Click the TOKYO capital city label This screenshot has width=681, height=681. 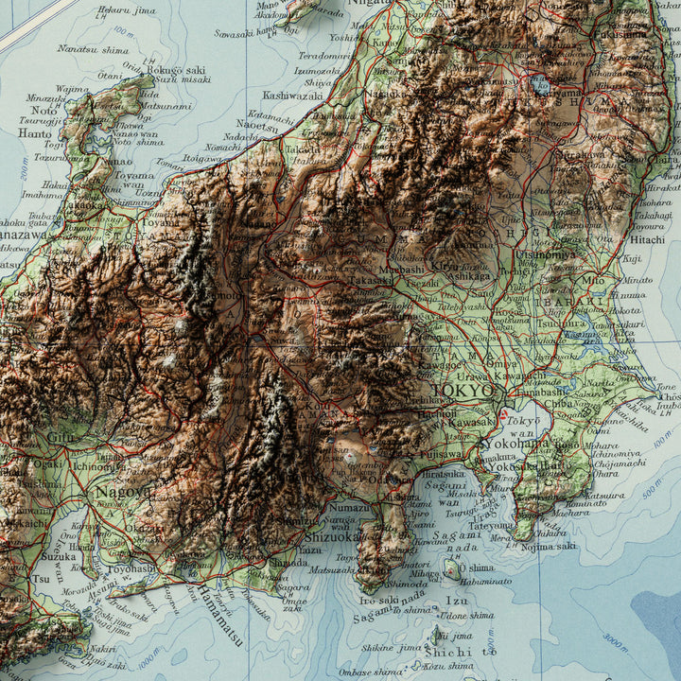tap(463, 391)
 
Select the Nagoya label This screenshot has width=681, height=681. tap(122, 493)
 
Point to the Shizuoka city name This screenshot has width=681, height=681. tap(331, 535)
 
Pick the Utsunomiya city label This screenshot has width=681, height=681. tap(545, 253)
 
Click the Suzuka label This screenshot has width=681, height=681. tap(58, 556)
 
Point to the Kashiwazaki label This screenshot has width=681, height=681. tap(292, 96)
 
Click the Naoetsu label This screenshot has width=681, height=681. tap(257, 124)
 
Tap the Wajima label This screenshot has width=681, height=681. tap(72, 90)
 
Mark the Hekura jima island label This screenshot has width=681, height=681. tap(127, 9)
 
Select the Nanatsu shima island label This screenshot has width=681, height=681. tap(93, 49)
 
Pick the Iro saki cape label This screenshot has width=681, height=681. tap(378, 600)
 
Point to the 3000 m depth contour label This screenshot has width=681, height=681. tap(616, 643)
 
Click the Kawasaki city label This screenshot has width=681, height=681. tap(469, 422)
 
